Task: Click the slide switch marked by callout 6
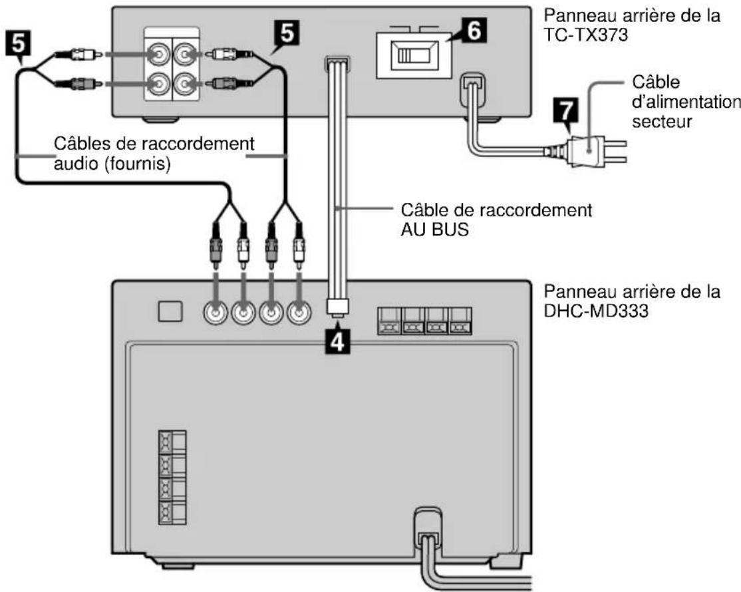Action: pos(406,55)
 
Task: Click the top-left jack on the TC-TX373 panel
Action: pos(158,55)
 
